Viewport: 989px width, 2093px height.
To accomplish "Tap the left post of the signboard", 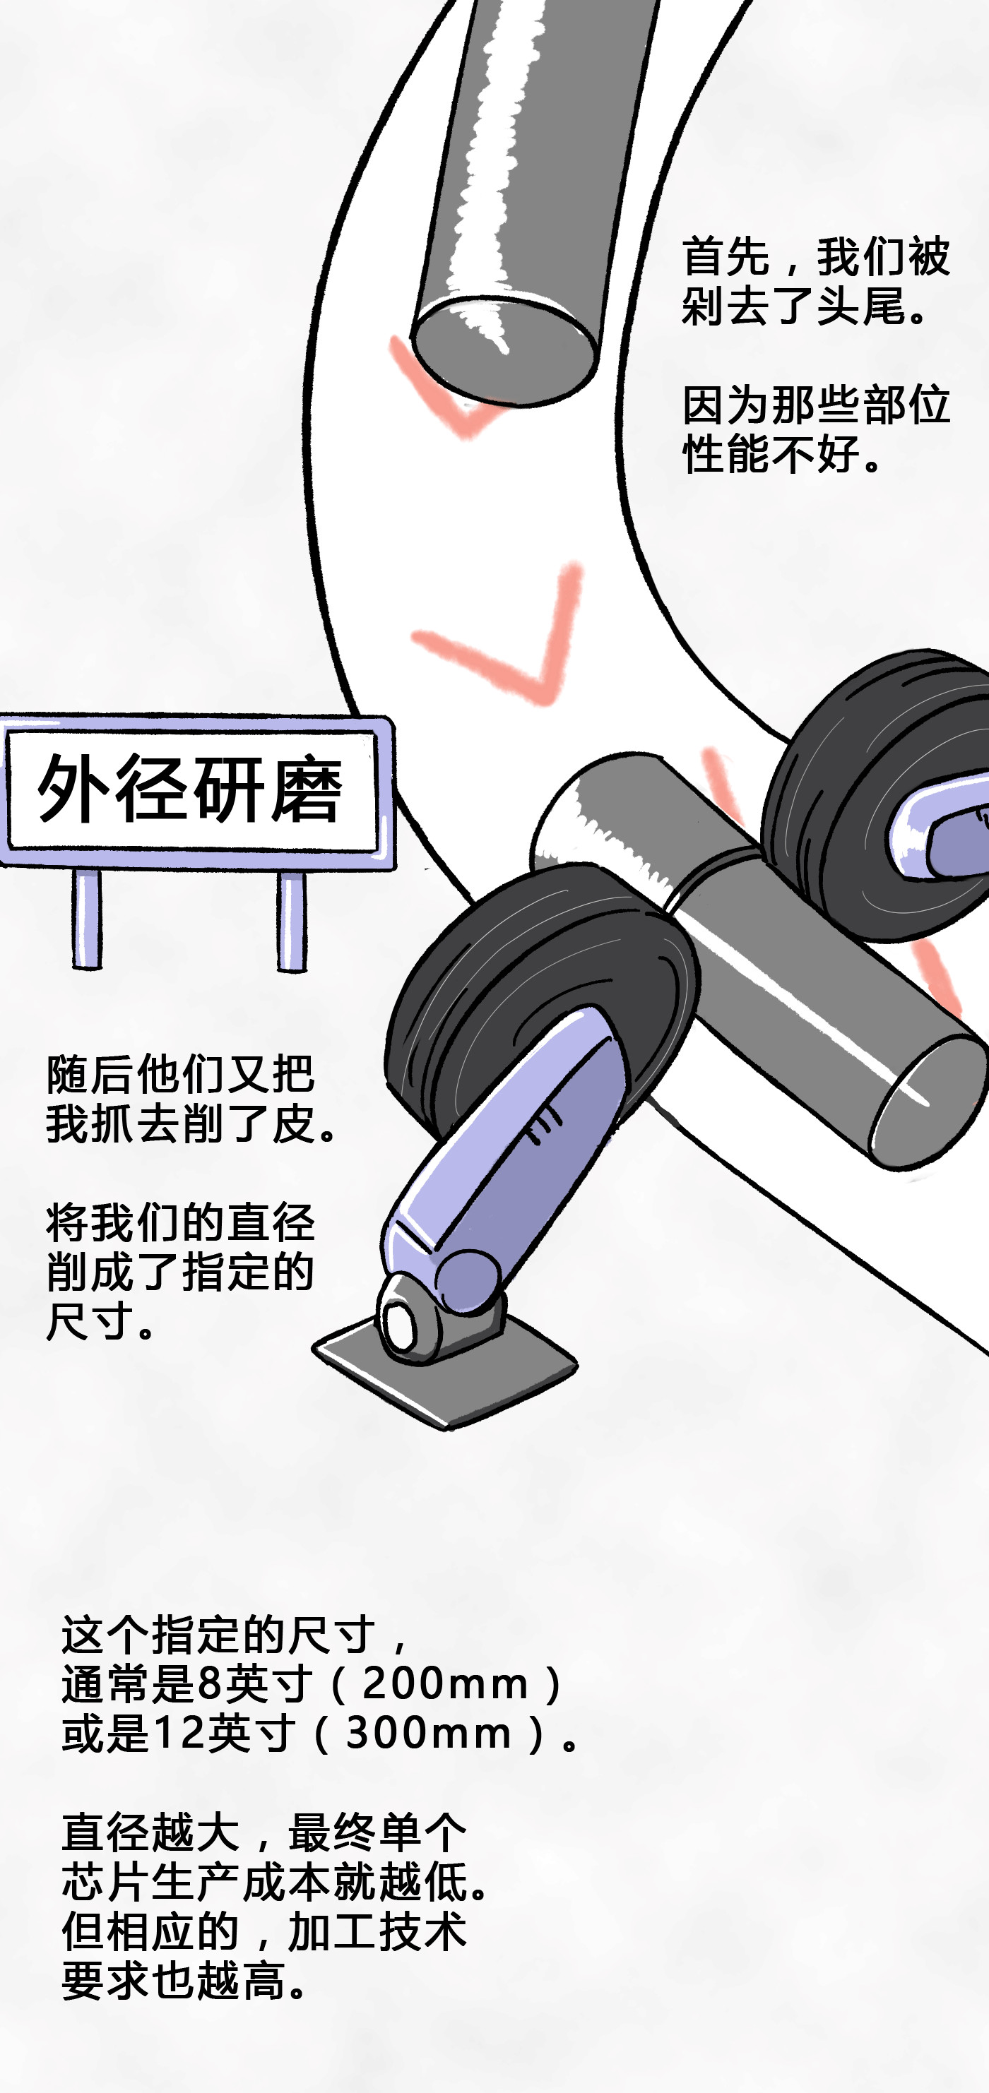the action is [x=87, y=919].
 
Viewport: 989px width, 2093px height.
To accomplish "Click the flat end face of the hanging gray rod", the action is [x=504, y=350].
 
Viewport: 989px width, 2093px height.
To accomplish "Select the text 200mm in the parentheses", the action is [x=445, y=1684].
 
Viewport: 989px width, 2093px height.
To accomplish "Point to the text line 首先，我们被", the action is [x=816, y=257].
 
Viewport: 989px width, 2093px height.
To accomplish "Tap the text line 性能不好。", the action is [x=783, y=453].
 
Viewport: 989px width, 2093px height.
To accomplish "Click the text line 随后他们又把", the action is [x=180, y=1074].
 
